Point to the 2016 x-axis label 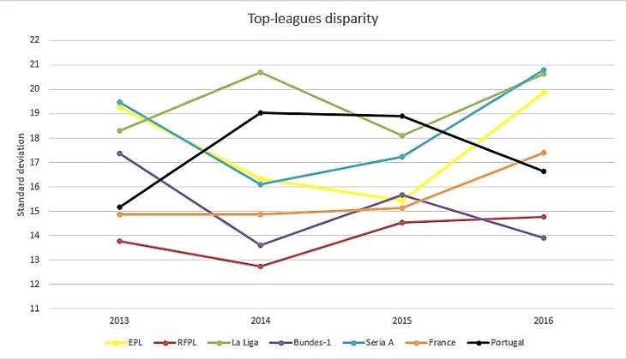(x=543, y=321)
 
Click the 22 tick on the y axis (x=33, y=40)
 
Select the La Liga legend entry (x=247, y=343)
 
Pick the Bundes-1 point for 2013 (x=119, y=153)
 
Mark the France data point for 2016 (x=543, y=153)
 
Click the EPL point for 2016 (x=543, y=92)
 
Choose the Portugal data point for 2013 (x=119, y=207)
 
